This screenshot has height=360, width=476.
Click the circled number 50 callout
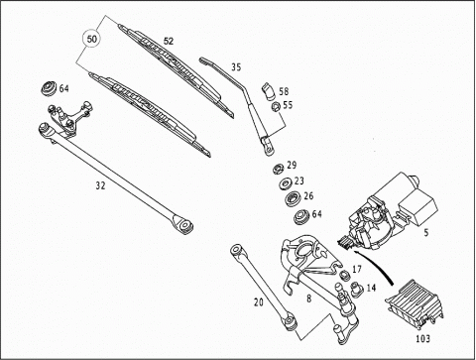(92, 39)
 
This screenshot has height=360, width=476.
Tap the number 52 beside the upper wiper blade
(169, 41)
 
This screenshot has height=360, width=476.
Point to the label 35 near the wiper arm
(236, 67)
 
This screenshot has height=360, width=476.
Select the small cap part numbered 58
(268, 92)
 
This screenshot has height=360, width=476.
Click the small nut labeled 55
(276, 106)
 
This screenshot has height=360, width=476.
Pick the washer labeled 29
(279, 169)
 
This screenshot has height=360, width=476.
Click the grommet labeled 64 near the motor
(300, 217)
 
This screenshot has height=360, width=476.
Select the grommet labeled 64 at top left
(49, 88)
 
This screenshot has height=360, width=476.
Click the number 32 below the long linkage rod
(100, 185)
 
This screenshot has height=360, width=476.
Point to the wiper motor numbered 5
(393, 211)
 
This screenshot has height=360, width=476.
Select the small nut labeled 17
(345, 275)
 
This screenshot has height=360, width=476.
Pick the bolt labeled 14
(356, 289)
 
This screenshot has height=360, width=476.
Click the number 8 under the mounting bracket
(308, 299)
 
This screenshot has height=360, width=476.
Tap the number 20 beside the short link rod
(259, 302)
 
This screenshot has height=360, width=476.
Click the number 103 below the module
(423, 338)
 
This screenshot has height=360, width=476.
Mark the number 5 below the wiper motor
(426, 233)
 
